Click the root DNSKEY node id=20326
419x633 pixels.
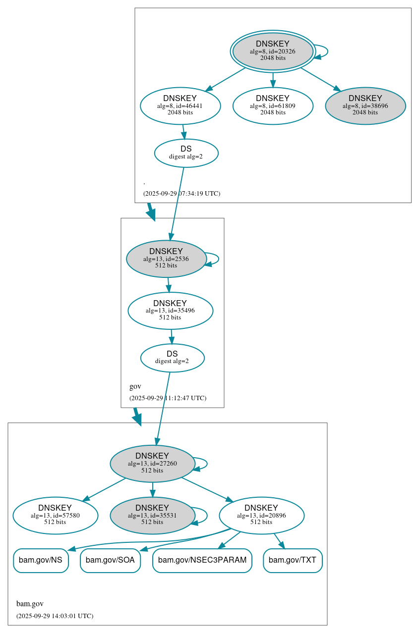[273, 51]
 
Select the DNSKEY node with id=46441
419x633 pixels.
[180, 105]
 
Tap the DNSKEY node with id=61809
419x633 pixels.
[273, 105]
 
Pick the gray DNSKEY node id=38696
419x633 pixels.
[365, 105]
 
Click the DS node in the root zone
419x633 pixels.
[186, 153]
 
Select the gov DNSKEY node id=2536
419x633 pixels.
[166, 259]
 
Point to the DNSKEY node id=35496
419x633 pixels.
[170, 311]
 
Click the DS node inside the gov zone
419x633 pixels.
[172, 358]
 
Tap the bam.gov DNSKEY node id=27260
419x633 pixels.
[152, 464]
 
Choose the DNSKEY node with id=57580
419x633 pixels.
[55, 515]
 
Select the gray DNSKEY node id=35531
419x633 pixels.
[152, 515]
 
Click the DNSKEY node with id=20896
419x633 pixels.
[261, 515]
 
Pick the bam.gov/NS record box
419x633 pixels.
[40, 560]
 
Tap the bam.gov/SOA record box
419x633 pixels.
[110, 560]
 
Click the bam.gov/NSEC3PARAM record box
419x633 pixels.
[202, 560]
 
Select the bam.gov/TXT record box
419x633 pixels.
[293, 560]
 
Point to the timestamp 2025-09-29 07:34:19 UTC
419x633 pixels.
[181, 193]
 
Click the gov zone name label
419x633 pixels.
[135, 386]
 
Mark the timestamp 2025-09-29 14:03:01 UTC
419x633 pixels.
[55, 616]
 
